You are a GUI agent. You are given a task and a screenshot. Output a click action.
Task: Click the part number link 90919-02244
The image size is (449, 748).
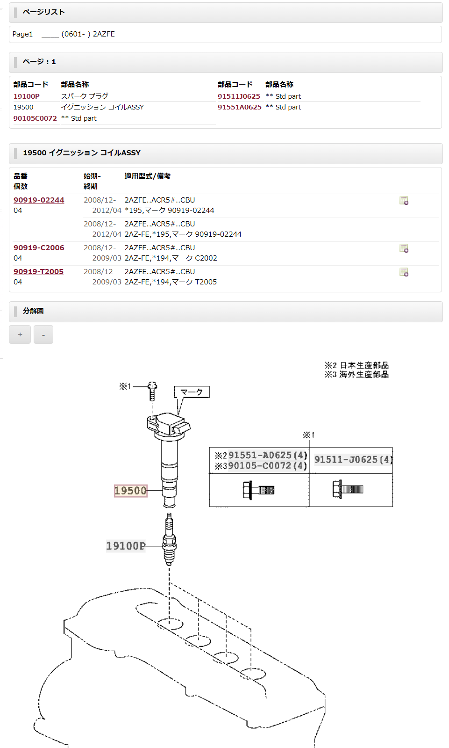39,200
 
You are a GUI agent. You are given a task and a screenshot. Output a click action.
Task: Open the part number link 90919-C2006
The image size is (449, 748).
39,248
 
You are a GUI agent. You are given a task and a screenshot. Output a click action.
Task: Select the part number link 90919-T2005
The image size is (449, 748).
38,272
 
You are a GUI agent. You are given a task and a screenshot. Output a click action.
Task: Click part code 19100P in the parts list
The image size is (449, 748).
27,96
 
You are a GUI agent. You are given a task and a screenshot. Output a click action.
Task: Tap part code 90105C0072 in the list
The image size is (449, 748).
35,118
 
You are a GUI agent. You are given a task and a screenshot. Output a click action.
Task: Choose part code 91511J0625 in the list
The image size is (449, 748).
239,96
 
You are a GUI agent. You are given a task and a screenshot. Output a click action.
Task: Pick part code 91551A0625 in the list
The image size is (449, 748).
240,107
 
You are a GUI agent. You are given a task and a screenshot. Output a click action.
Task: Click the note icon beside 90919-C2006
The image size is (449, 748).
404,248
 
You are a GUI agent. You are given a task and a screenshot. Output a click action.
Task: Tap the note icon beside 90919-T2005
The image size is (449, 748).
404,272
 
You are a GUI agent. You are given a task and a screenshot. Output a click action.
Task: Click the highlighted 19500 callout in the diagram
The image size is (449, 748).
131,491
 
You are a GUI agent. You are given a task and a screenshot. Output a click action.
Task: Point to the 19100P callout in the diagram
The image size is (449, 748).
126,546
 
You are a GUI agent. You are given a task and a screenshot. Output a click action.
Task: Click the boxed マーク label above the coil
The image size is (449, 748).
192,392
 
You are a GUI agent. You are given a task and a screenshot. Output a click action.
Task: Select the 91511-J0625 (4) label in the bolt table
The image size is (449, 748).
353,460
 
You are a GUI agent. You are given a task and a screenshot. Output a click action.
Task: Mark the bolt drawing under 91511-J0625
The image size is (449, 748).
348,489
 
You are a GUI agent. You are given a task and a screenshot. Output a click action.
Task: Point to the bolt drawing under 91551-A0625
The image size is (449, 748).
258,490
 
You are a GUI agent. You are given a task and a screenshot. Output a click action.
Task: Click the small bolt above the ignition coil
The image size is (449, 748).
152,391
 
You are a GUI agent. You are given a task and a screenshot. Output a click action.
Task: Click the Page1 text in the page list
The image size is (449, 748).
22,34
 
